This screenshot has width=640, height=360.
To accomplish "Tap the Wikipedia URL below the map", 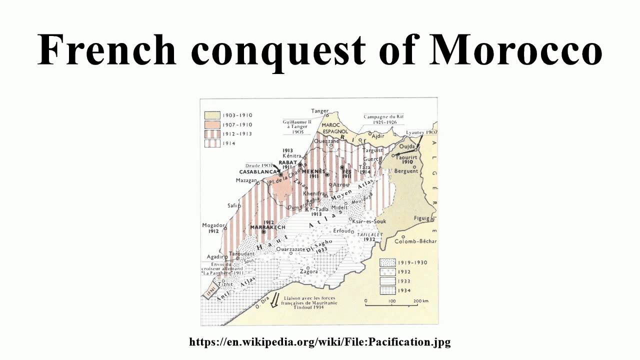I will point(320,342).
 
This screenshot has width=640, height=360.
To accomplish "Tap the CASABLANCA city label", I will point(257,171).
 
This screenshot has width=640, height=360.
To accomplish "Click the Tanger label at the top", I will point(319,111).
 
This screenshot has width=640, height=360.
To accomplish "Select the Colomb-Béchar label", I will point(415,241).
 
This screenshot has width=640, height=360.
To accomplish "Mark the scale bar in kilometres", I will point(392,301).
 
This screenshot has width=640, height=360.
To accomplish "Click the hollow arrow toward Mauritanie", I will point(274,301).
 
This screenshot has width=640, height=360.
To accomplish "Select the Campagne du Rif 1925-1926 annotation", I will point(383,119).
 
